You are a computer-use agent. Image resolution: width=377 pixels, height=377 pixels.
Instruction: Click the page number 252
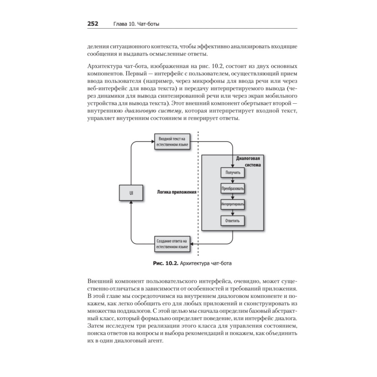point(93,24)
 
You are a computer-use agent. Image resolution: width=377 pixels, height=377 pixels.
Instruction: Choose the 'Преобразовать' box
point(233,188)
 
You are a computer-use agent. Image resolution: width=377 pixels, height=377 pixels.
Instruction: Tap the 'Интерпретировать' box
point(233,204)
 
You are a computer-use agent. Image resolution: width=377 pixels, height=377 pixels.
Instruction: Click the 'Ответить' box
point(233,220)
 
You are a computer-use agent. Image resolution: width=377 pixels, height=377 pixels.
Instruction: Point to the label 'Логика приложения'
point(177,192)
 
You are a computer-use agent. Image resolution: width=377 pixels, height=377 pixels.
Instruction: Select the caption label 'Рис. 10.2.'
point(162,263)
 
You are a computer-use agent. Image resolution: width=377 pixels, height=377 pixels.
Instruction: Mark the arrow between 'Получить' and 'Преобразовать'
point(233,180)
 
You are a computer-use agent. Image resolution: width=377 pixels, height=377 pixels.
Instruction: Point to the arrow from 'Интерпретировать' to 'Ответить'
point(233,212)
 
